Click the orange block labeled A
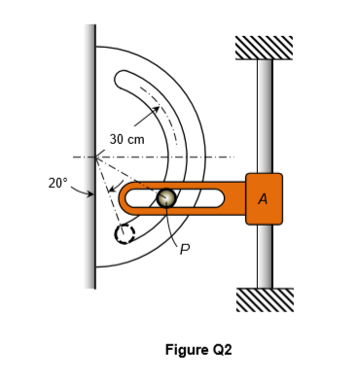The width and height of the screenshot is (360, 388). [264, 198]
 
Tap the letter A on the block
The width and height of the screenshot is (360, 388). [264, 198]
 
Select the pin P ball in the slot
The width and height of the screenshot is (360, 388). [166, 197]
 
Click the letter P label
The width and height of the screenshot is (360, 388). [184, 247]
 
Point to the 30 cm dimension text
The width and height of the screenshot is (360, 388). [126, 140]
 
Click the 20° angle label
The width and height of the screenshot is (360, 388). [58, 182]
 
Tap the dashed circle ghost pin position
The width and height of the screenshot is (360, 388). [124, 235]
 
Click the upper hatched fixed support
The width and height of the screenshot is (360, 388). [264, 47]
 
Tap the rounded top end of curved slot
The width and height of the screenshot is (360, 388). [124, 80]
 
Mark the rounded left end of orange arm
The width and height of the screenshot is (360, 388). [126, 200]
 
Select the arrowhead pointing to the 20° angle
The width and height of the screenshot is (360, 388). [91, 194]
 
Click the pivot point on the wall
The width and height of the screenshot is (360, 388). [95, 158]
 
